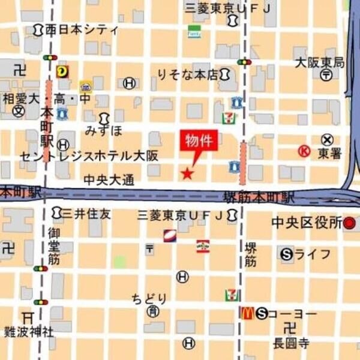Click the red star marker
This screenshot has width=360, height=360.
187,174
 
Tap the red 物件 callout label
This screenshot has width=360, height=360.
197,142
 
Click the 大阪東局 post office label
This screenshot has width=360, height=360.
319,62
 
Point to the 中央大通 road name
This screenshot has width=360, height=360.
109,179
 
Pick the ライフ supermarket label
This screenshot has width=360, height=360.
312,254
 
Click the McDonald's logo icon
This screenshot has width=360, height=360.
246,313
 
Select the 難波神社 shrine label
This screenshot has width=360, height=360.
29,331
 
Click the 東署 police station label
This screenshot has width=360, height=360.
329,153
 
